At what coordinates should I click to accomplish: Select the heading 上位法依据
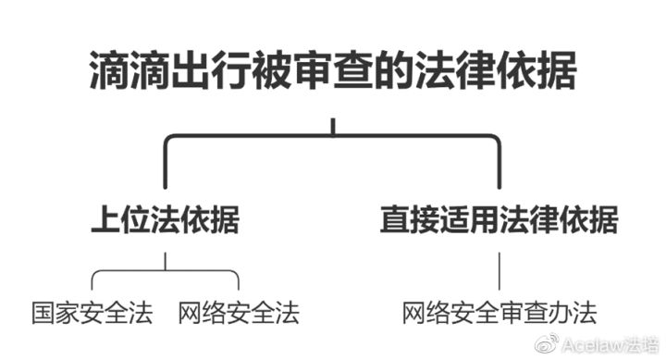coord(166,221)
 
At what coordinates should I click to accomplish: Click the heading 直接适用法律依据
coord(499,221)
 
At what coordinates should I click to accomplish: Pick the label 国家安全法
coord(91,312)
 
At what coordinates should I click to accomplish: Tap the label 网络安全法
coord(240,312)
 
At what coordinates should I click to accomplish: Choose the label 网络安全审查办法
coord(499,312)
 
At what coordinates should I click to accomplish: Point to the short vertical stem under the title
coord(333,124)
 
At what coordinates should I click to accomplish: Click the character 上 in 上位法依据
coord(105,221)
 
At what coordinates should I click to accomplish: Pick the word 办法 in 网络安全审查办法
coord(574,312)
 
